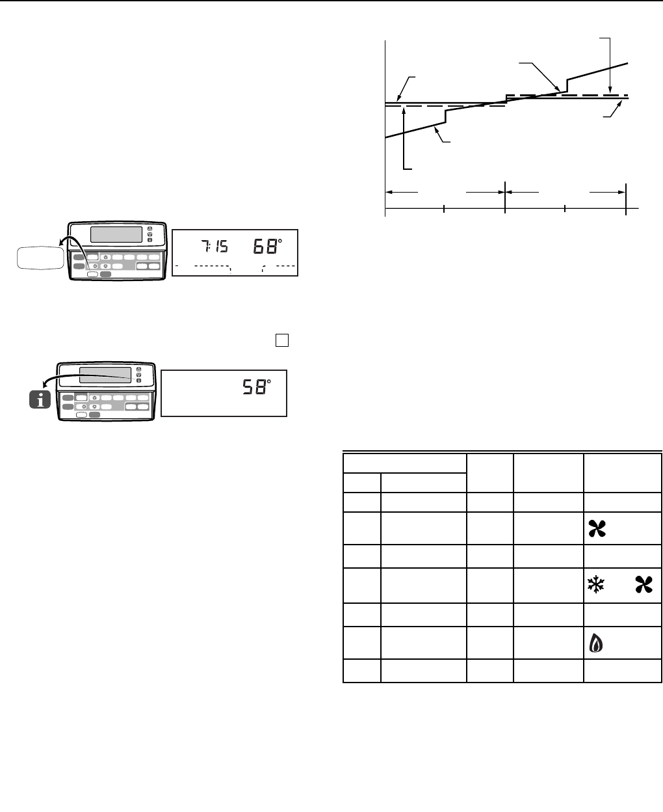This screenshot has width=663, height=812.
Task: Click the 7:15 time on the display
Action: [214, 246]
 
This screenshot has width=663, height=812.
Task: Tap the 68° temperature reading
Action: [267, 246]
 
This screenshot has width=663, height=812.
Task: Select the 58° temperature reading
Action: [257, 387]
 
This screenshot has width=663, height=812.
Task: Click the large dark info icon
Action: [40, 399]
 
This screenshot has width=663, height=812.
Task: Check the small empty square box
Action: [282, 340]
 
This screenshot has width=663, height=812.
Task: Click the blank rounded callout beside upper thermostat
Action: [40, 258]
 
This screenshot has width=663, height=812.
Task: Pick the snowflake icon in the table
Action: [595, 584]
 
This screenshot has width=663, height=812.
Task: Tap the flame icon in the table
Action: [595, 643]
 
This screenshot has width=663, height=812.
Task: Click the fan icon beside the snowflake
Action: [643, 584]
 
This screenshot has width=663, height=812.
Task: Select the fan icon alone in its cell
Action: [597, 528]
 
